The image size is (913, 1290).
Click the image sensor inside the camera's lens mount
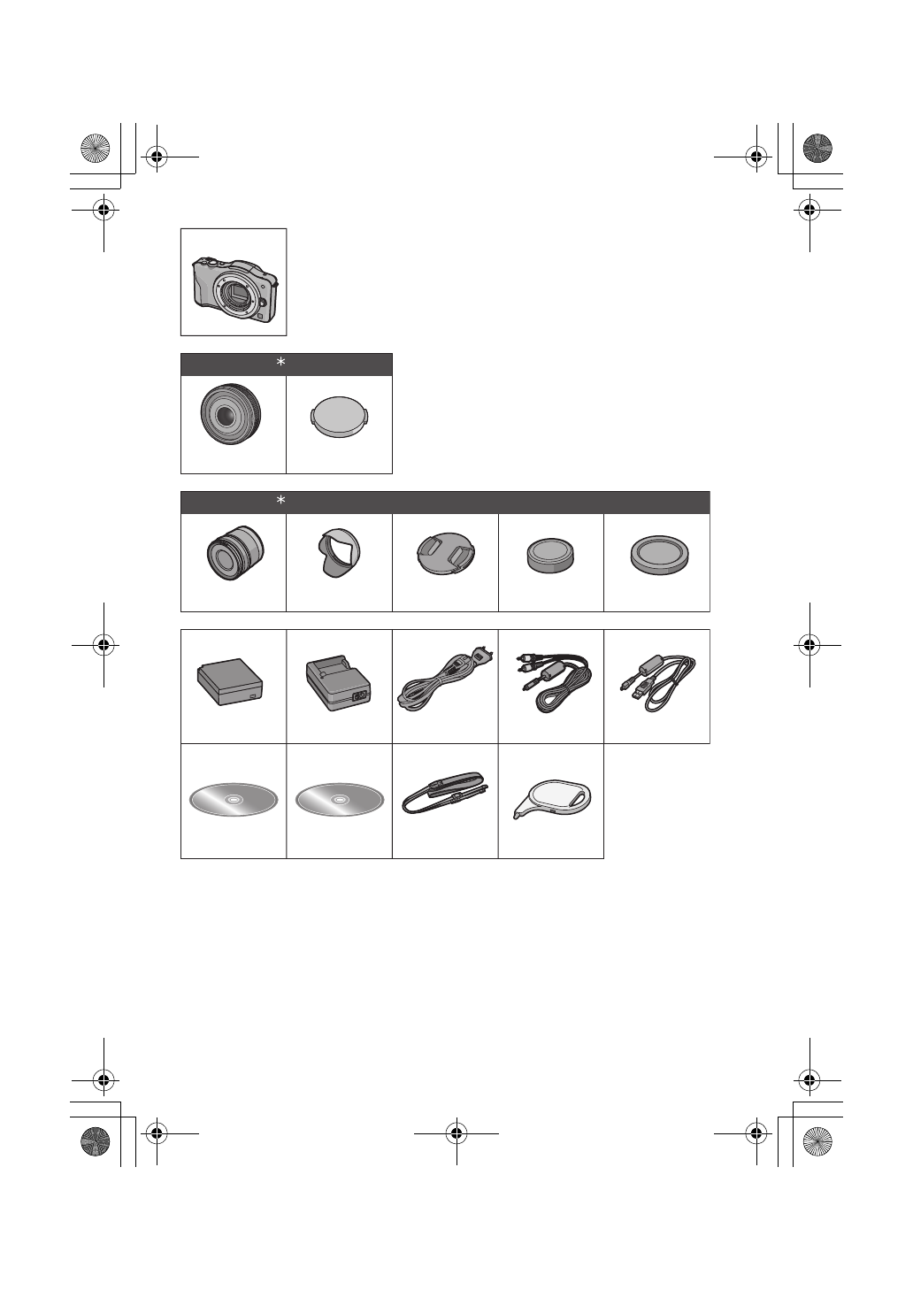click(x=236, y=294)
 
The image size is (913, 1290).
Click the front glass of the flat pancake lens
click(x=228, y=414)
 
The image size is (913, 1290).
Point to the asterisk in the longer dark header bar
click(x=281, y=502)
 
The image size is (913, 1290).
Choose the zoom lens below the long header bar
click(x=233, y=555)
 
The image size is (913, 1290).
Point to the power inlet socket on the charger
click(x=360, y=696)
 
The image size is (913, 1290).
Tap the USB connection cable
click(x=657, y=686)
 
